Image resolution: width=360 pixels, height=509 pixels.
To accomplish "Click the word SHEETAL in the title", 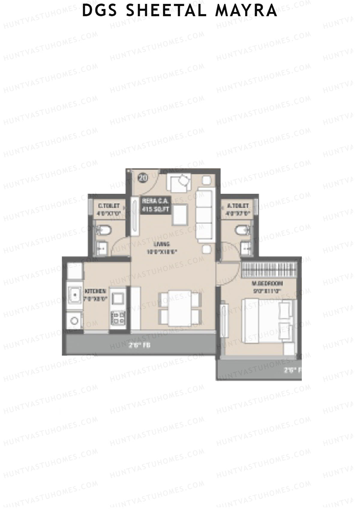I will point(166,10).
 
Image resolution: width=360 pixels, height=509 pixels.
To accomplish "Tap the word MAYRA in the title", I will point(246,10).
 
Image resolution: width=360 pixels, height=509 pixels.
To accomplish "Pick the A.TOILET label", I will point(238,209).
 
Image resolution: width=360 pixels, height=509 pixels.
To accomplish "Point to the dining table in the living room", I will point(180,308).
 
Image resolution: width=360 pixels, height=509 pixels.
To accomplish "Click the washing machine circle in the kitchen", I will point(74,321).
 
